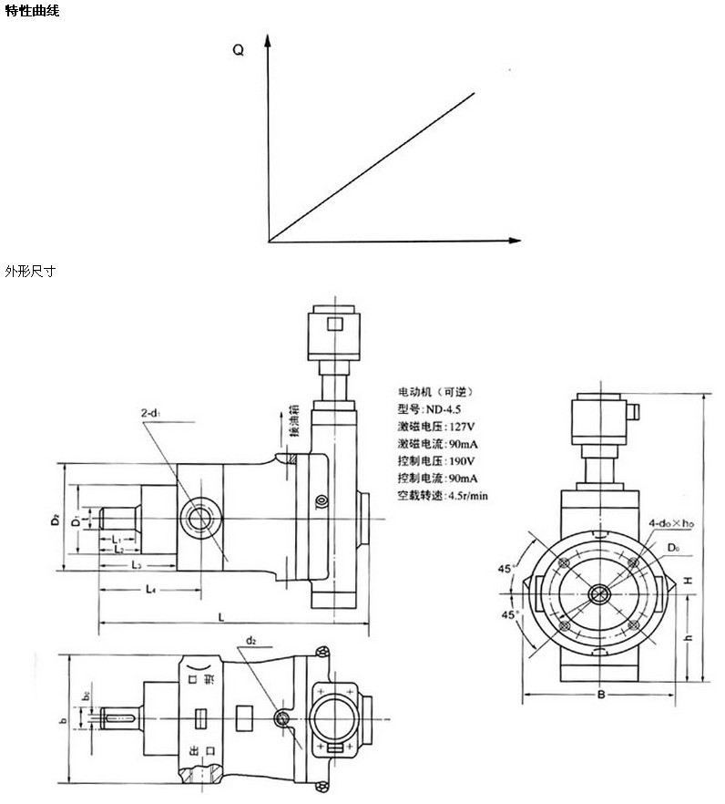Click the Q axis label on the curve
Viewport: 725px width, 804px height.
tap(239, 51)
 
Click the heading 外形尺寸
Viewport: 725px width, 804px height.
tap(30, 272)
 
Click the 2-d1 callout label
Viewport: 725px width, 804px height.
tap(152, 415)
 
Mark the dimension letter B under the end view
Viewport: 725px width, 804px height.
tap(601, 696)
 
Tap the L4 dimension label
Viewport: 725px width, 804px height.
tap(150, 591)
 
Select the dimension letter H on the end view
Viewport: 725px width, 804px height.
tap(690, 580)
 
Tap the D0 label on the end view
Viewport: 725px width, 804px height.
tap(673, 547)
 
